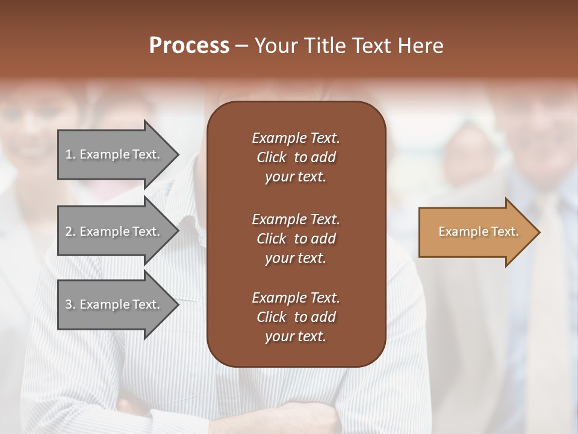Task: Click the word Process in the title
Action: click(189, 46)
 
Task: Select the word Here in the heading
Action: click(420, 46)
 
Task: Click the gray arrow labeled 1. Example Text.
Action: click(114, 154)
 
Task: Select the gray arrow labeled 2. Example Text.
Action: click(114, 231)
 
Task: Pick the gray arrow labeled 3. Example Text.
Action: click(114, 304)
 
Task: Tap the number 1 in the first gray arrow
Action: click(68, 154)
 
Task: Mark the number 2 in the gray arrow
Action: click(68, 231)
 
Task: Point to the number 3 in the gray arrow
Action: click(68, 304)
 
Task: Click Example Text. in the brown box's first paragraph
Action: click(296, 138)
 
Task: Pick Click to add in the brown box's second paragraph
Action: click(296, 239)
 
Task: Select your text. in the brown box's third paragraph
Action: click(296, 337)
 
